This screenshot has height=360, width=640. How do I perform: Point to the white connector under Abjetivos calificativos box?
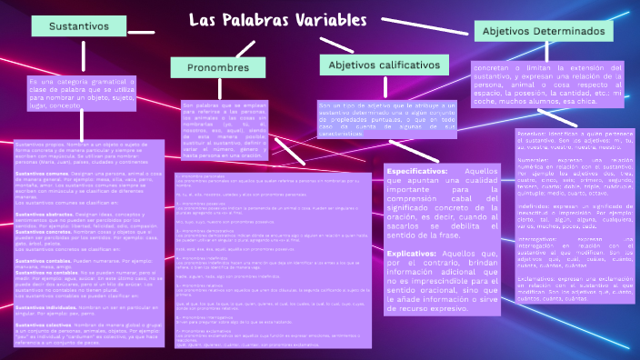[x=382, y=88]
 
